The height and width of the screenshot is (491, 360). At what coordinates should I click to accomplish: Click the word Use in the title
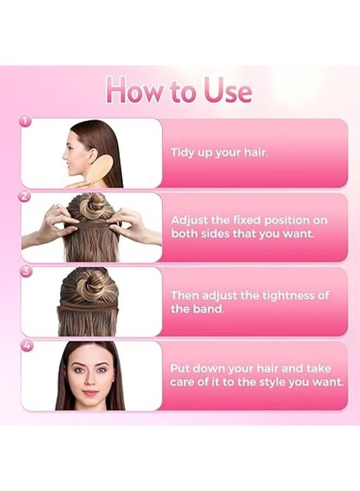227,91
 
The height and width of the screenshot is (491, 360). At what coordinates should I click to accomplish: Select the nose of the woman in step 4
91,381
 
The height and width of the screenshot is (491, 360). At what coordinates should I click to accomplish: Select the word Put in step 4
181,369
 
